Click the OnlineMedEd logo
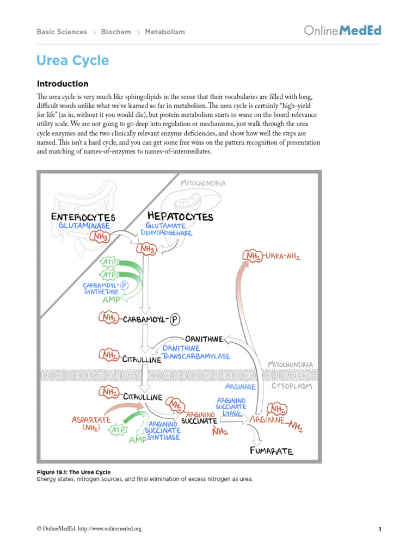(342, 30)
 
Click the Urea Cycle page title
(72, 60)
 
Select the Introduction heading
(62, 84)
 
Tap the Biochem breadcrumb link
(116, 32)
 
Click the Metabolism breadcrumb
(165, 32)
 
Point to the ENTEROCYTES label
(83, 216)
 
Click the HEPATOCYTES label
(180, 216)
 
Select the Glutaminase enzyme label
(84, 225)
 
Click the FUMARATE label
(272, 451)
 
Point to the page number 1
(379, 529)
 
